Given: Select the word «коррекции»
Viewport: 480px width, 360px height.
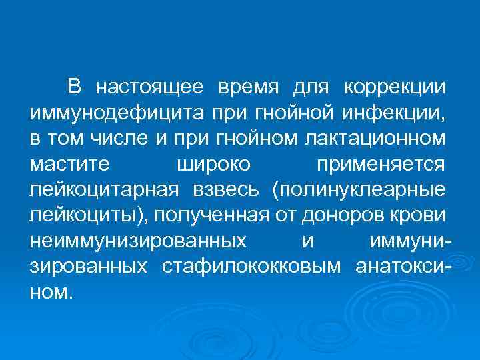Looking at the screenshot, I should (x=395, y=87).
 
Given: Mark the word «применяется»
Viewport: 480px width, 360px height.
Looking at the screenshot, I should (x=381, y=164).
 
